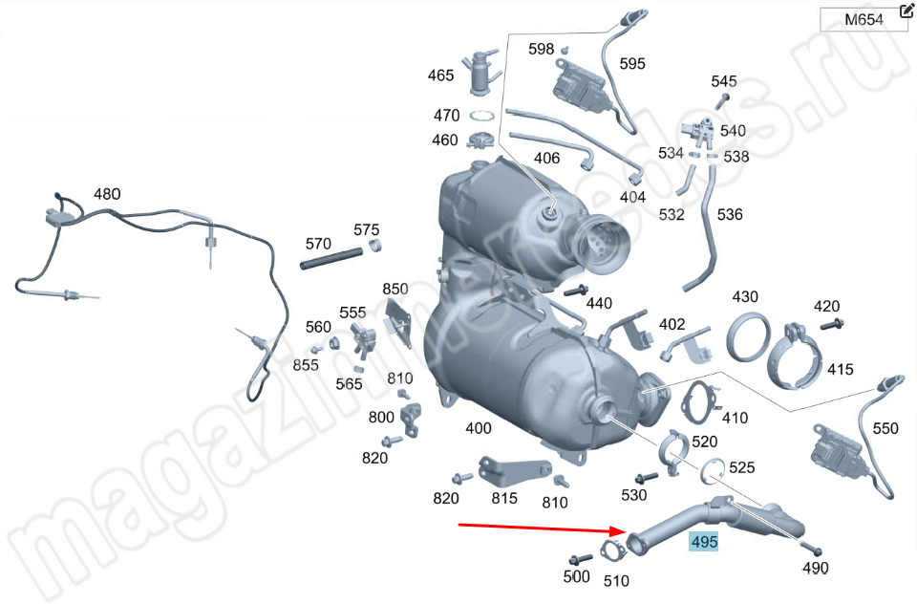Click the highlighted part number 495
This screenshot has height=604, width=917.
tap(704, 541)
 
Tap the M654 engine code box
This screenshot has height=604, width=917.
tap(864, 20)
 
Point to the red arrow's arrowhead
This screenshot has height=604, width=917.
tap(618, 530)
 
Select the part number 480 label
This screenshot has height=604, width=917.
tap(107, 194)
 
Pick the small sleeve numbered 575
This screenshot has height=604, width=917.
tap(374, 246)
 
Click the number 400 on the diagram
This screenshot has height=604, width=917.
tap(479, 428)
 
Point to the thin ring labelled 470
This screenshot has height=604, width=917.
tap(481, 116)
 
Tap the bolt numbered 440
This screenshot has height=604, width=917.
tap(577, 291)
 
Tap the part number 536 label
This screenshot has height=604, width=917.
tap(730, 214)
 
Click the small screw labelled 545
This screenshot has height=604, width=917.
tap(722, 101)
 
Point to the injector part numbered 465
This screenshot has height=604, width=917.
tap(481, 74)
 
